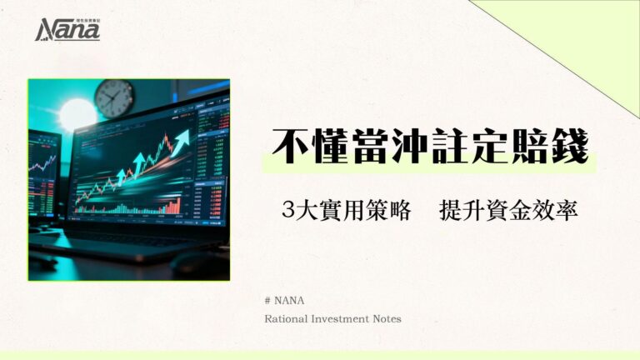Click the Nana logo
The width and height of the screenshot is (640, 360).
tap(67, 30)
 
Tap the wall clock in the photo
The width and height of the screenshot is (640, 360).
tap(114, 97)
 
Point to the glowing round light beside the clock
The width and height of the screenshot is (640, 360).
tap(77, 115)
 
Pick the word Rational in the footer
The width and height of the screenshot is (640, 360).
tap(286, 318)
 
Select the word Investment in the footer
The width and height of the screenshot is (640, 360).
tap(342, 318)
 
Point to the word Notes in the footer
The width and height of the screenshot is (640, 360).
tap(389, 318)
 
